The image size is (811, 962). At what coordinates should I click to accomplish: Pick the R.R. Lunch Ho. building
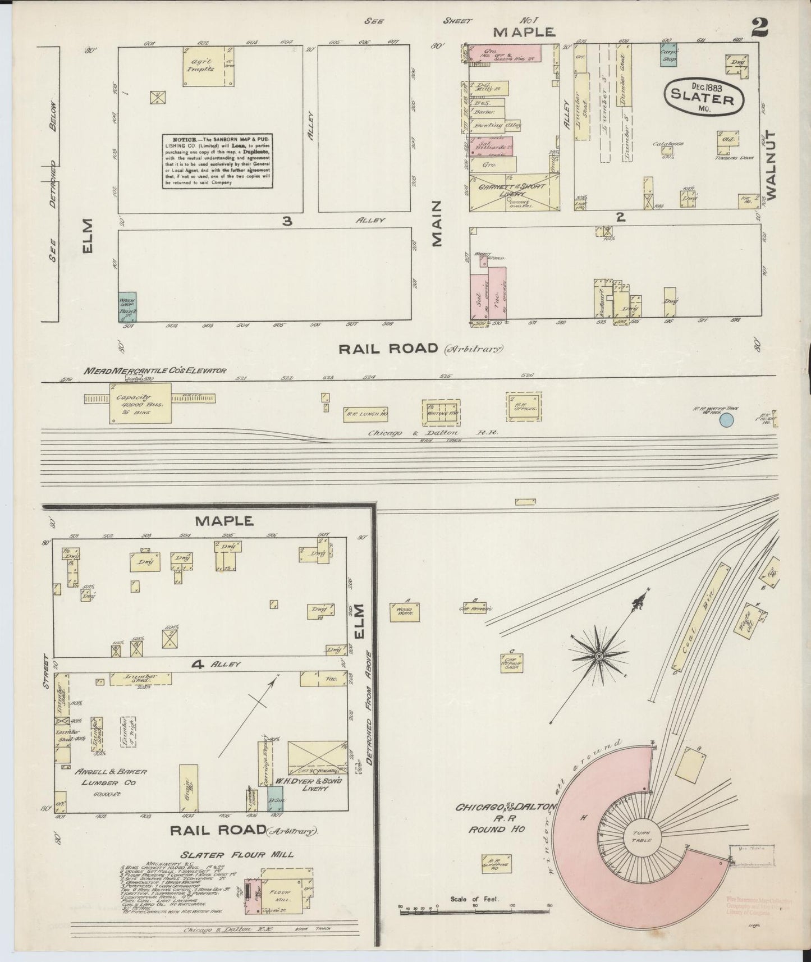point(365,414)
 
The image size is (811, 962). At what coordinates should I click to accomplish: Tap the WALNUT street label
point(769,166)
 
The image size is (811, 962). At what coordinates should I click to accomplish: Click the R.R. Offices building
point(525,406)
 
